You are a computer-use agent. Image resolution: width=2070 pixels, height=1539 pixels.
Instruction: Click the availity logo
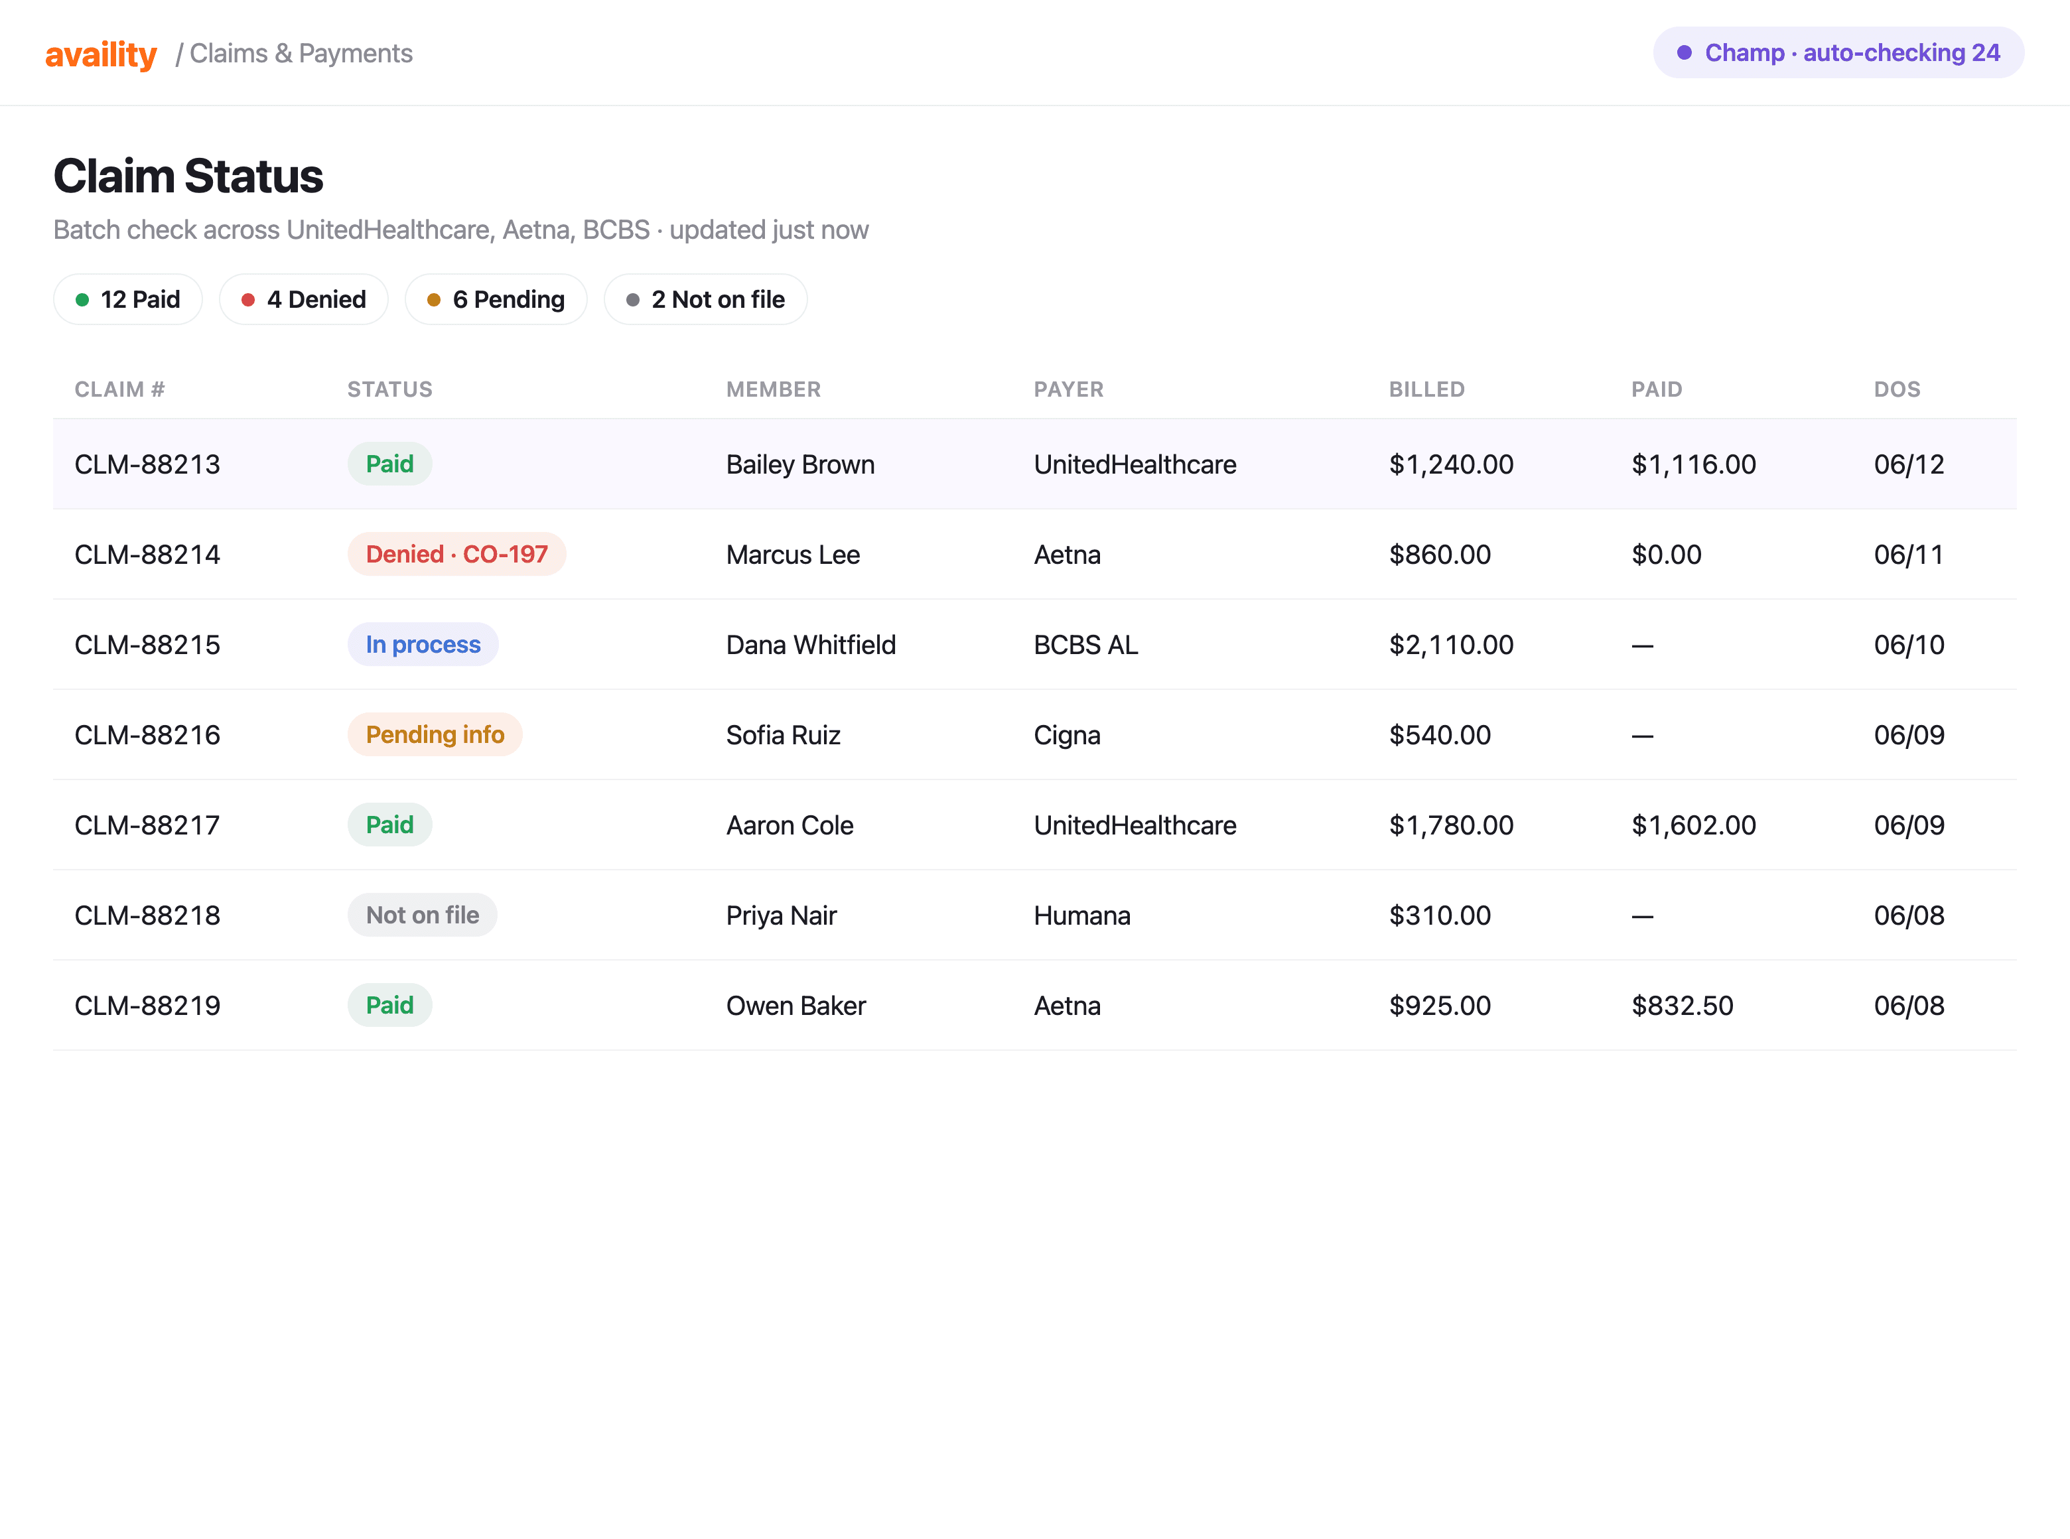tap(101, 54)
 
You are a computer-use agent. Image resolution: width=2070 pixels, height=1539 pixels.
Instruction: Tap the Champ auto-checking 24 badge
tap(1837, 52)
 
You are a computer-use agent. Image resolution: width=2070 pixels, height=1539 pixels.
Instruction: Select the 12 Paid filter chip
tap(127, 299)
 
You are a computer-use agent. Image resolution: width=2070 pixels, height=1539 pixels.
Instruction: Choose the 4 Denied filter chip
tap(304, 299)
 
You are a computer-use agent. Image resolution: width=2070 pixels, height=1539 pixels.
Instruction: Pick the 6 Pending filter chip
tap(496, 299)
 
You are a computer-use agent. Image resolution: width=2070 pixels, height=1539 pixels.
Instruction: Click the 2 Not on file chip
tap(705, 299)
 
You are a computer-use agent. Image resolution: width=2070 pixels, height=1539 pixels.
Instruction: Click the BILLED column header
tap(1426, 389)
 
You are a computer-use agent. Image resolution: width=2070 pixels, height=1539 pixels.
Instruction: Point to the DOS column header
tap(1897, 389)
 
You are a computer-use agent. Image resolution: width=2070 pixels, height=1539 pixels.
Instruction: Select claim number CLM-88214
tap(147, 555)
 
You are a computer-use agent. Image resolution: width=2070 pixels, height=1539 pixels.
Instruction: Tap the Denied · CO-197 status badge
tap(456, 555)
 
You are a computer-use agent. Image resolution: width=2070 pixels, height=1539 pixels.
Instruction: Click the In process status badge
tap(423, 645)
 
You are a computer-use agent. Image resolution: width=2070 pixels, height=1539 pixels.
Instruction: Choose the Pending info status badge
tap(435, 735)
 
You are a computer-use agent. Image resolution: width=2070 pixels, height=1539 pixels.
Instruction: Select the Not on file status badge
tap(422, 915)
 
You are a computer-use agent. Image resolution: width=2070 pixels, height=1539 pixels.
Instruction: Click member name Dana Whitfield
tap(811, 645)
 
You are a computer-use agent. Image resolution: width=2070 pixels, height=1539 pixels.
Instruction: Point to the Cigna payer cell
tap(1067, 736)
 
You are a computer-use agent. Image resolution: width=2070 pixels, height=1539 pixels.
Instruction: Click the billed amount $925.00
tap(1439, 1005)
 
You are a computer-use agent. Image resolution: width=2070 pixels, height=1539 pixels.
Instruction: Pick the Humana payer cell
tap(1081, 915)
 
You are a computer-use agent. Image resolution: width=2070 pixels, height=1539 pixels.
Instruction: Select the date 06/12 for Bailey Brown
tap(1909, 464)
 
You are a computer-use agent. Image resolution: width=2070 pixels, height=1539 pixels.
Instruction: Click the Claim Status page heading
tap(188, 175)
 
